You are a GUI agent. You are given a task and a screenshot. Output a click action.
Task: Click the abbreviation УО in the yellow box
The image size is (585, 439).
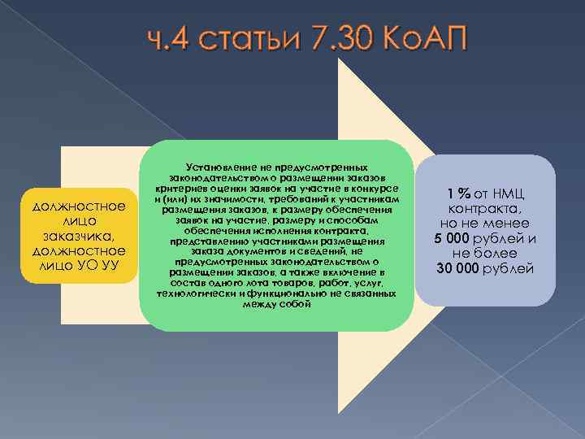93,265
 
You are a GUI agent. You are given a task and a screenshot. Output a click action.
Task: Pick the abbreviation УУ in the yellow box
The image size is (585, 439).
115,265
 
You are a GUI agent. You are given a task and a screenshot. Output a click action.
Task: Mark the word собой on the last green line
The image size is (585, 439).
297,303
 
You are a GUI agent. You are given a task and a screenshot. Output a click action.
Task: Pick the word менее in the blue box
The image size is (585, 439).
507,224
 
